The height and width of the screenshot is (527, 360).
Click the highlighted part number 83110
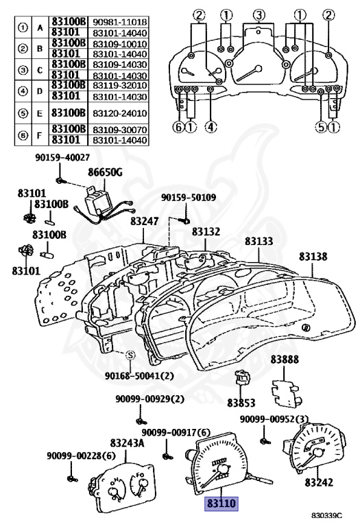[221, 504]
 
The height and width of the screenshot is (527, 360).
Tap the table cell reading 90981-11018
[119, 22]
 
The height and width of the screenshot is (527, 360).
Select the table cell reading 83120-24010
[119, 113]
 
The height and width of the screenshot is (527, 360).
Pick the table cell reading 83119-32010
[119, 85]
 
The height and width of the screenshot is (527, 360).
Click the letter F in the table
[40, 135]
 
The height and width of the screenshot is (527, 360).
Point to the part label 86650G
[105, 172]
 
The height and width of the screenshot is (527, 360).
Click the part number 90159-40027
[62, 157]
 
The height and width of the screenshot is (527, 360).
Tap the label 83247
[145, 221]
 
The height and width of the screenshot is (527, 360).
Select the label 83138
[313, 257]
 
